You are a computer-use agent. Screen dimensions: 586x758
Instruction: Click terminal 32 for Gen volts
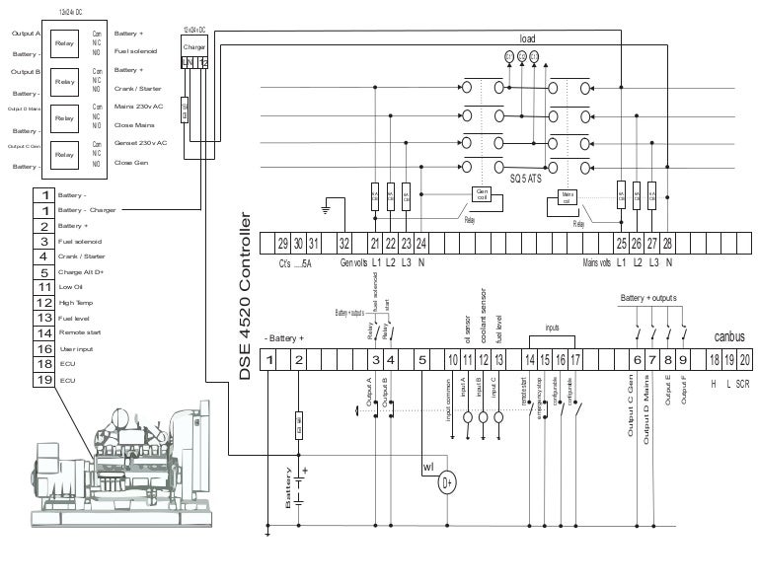point(344,243)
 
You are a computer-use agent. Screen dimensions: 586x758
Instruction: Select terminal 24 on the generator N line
point(420,243)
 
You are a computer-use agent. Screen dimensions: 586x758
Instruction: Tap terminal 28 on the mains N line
point(668,243)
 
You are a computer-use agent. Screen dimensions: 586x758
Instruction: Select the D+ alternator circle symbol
point(447,482)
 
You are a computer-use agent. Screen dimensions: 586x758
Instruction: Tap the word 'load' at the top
point(528,38)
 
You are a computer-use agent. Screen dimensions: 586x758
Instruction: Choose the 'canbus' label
point(728,336)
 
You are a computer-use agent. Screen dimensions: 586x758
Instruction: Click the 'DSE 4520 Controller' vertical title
point(247,296)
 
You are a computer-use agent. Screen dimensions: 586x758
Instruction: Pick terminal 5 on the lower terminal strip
point(422,360)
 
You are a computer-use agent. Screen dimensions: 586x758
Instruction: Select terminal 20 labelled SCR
point(745,360)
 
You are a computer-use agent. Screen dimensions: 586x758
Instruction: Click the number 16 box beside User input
point(44,348)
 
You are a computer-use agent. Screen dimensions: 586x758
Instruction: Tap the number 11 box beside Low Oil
point(44,287)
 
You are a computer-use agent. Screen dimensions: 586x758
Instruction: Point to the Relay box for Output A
point(64,43)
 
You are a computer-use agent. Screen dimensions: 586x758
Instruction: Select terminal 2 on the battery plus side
point(298,360)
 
